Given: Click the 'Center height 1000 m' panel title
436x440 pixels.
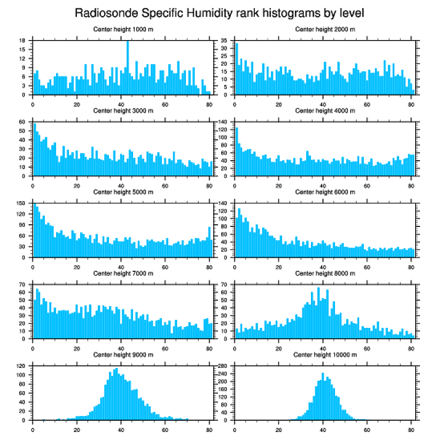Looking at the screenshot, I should tap(123, 29).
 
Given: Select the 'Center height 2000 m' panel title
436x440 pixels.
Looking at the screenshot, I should tap(325, 29).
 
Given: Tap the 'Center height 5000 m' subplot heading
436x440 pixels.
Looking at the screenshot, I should tap(123, 192).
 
